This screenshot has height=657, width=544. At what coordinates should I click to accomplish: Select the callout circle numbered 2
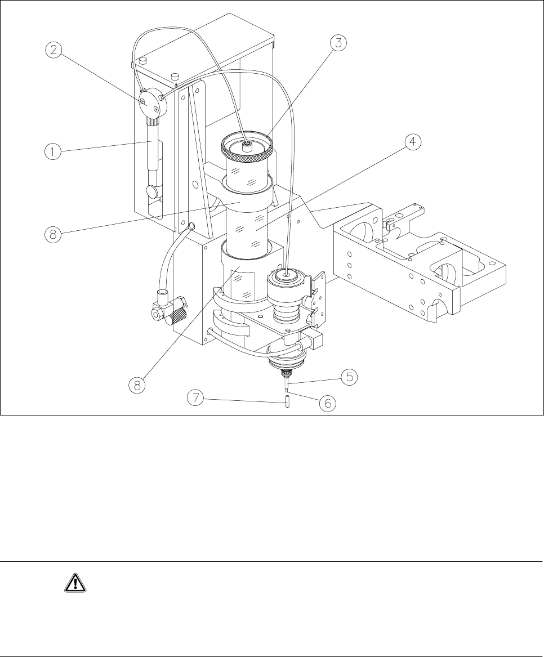pos(54,50)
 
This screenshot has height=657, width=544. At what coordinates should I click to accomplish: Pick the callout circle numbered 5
pos(350,376)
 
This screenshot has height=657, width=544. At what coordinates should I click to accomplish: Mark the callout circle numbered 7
pos(197,399)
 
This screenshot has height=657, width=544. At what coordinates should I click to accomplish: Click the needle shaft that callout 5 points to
pos(288,384)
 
